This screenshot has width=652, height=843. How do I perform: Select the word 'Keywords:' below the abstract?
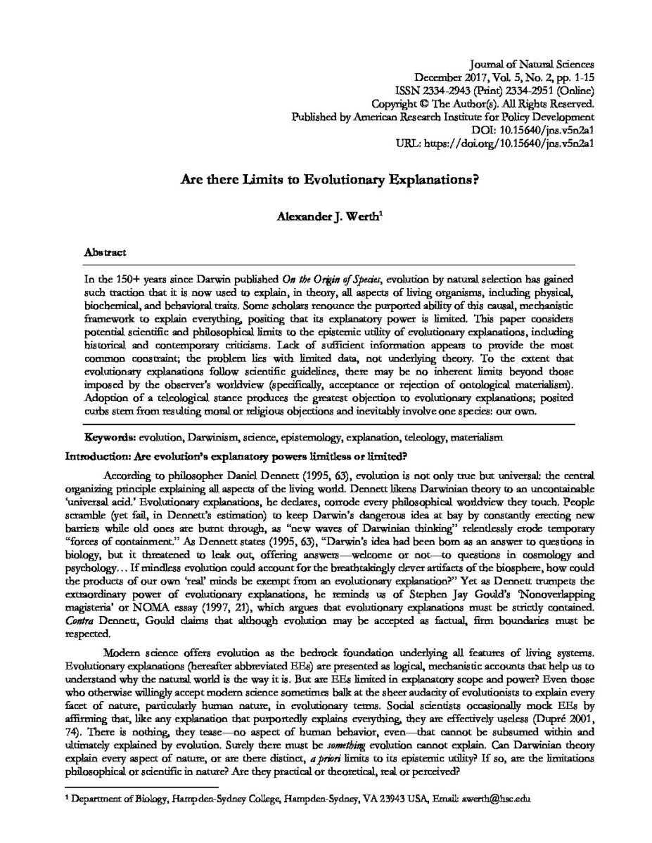[110, 437]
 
